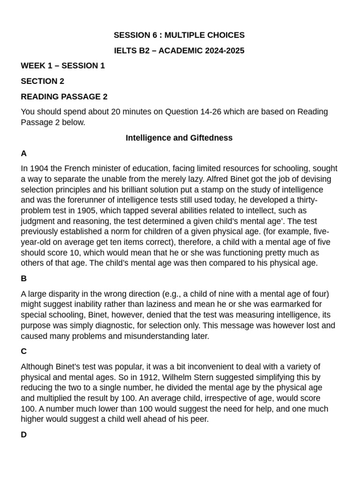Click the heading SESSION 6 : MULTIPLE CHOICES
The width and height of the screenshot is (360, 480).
pos(180,35)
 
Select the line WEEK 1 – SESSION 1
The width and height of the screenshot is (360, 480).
pos(63,66)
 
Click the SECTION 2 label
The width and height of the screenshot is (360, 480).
pos(42,81)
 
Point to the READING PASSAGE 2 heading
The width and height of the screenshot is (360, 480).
pos(64,97)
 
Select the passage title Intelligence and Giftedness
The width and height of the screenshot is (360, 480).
pos(179,138)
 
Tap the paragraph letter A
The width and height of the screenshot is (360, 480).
pos(24,153)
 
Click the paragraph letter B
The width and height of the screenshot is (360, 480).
pos(24,278)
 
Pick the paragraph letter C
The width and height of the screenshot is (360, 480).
pos(24,351)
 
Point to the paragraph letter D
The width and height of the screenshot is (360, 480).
pos(24,435)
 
